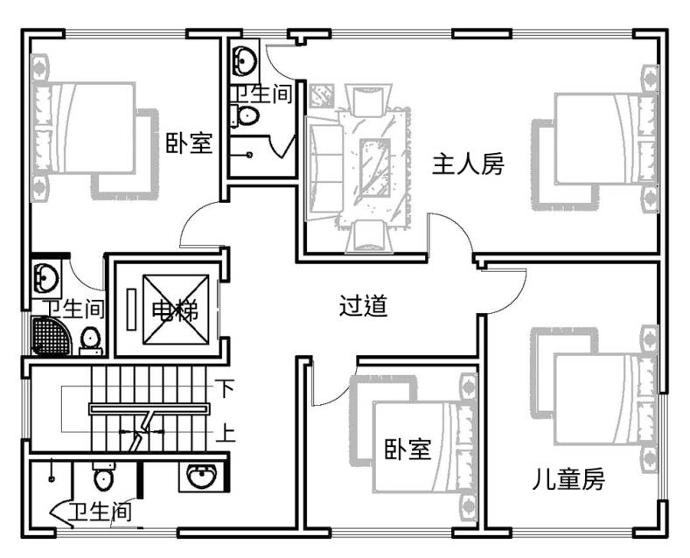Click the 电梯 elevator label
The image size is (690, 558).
(175, 310)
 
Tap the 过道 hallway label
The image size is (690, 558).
(364, 306)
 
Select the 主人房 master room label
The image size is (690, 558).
(468, 164)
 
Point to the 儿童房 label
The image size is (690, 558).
(568, 478)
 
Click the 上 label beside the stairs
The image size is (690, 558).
(226, 432)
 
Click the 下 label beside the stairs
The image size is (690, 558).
(226, 388)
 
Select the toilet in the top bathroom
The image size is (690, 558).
(245, 116)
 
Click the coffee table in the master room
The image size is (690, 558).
(375, 168)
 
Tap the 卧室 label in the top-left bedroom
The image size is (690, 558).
(189, 143)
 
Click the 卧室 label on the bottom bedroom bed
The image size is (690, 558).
(408, 450)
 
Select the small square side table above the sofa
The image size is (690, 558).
(321, 97)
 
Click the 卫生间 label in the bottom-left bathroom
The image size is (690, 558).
(101, 512)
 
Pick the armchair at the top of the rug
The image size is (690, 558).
(368, 101)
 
